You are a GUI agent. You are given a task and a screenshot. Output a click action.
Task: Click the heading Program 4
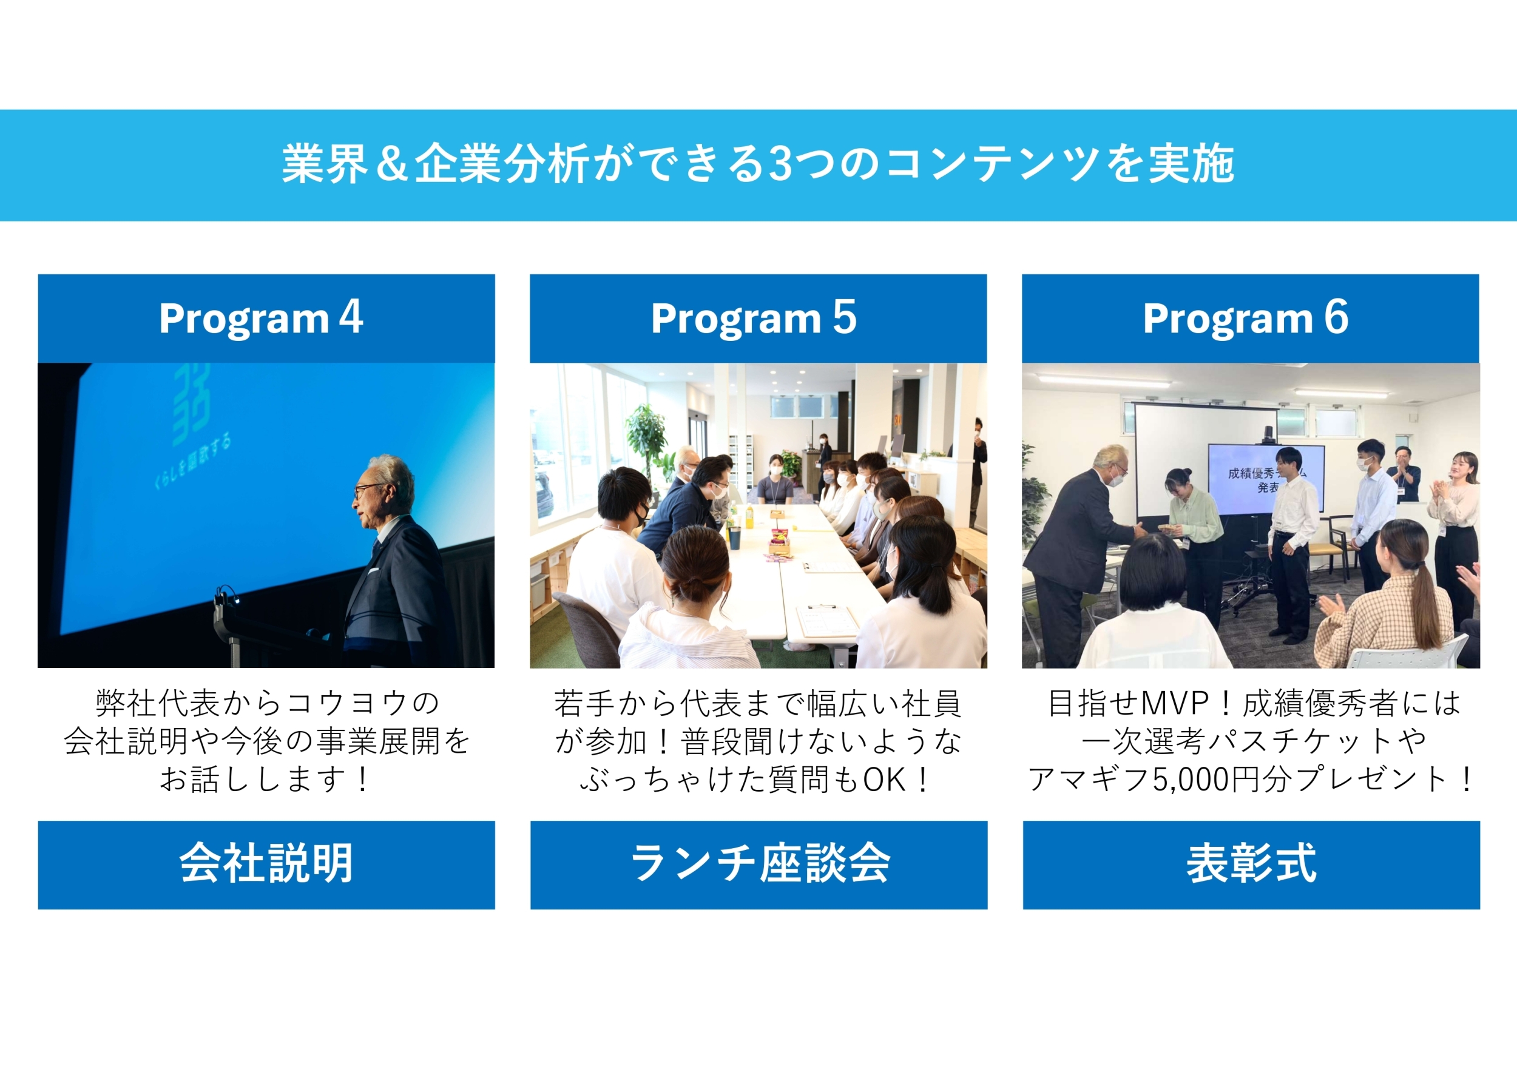click(261, 318)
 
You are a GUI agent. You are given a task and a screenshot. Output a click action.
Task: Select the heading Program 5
click(754, 318)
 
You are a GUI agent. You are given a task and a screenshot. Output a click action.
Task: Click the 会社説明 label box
click(266, 865)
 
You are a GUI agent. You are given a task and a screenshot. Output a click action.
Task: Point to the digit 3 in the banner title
click(781, 164)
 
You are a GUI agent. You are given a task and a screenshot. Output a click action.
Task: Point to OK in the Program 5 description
click(884, 780)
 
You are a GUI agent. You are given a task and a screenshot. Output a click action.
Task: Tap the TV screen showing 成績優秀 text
click(1266, 479)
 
